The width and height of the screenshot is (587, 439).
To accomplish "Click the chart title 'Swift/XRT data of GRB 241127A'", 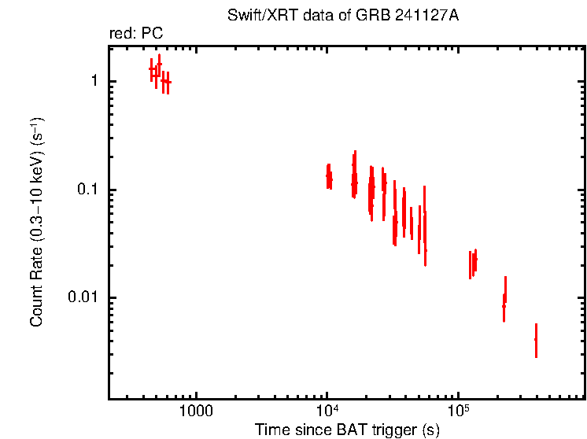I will tap(348, 17).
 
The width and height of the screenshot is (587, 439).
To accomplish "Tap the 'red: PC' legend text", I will tap(136, 34).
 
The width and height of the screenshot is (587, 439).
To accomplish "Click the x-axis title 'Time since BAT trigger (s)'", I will tap(347, 430).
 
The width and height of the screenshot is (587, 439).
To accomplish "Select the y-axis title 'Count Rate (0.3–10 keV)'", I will tap(37, 223).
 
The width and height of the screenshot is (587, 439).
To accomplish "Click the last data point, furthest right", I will tap(536, 339).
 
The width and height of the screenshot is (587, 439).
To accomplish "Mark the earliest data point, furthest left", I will tap(152, 69).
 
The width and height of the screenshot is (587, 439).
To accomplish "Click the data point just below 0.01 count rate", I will tap(504, 306).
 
